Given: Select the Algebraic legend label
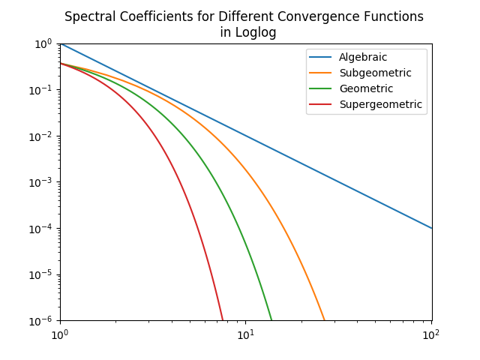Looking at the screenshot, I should click(x=363, y=58).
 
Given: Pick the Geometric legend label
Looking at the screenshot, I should click(x=366, y=88).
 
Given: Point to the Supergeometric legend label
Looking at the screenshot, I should click(x=380, y=104).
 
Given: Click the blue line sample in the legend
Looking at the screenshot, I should click(x=320, y=58).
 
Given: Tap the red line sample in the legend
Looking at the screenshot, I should click(x=320, y=104).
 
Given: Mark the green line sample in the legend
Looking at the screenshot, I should click(x=320, y=88).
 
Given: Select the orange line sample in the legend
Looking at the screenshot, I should click(x=320, y=73).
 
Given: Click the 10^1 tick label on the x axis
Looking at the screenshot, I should click(x=245, y=334).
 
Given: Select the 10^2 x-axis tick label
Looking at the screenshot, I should click(x=430, y=334).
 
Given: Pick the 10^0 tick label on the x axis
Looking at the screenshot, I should click(x=60, y=334).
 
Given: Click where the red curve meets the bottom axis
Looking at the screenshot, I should click(x=223, y=320).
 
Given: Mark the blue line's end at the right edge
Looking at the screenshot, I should click(x=432, y=228).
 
